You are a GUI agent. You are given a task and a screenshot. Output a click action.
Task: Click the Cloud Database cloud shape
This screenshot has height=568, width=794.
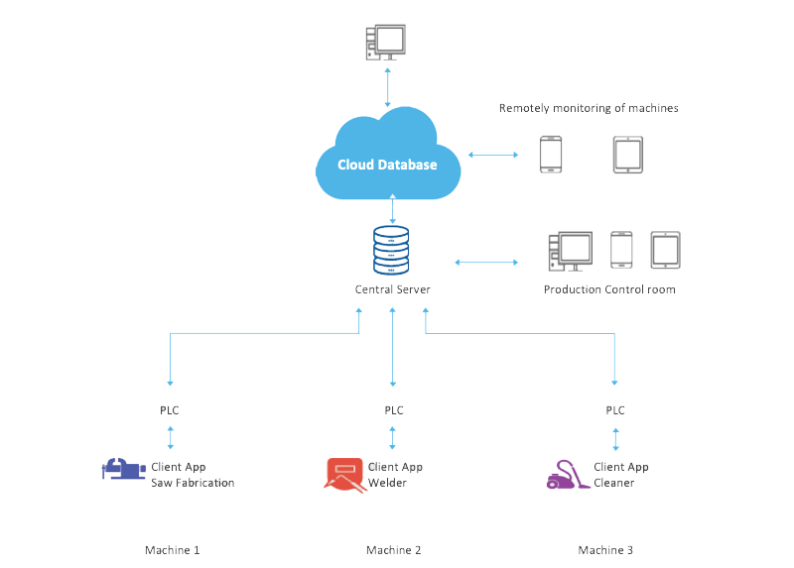pyautogui.click(x=387, y=159)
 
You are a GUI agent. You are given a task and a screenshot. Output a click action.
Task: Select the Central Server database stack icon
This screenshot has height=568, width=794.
pyautogui.click(x=390, y=252)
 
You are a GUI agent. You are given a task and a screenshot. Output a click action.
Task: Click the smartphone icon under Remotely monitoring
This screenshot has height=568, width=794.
pyautogui.click(x=551, y=156)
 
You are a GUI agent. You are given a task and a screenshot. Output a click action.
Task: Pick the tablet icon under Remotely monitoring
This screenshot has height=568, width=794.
pyautogui.click(x=628, y=156)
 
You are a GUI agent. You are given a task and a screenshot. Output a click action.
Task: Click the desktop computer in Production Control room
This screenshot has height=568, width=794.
pyautogui.click(x=570, y=252)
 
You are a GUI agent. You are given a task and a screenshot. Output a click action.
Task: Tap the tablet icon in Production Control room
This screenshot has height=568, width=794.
pyautogui.click(x=665, y=251)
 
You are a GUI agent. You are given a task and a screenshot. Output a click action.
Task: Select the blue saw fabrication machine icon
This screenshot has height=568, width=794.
pyautogui.click(x=122, y=468)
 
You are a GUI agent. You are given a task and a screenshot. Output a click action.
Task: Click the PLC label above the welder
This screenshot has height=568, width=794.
pyautogui.click(x=394, y=409)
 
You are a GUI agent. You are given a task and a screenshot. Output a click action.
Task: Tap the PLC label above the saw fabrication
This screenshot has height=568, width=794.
pyautogui.click(x=172, y=409)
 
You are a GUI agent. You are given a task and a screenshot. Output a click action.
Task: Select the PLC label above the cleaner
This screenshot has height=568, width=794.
pyautogui.click(x=616, y=409)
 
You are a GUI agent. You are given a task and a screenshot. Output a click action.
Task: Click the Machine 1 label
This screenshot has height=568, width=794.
pyautogui.click(x=172, y=549)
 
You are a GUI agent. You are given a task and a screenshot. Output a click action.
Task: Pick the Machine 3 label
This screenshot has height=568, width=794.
pyautogui.click(x=605, y=549)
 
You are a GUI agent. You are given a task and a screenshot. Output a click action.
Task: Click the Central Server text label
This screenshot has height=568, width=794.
pyautogui.click(x=393, y=289)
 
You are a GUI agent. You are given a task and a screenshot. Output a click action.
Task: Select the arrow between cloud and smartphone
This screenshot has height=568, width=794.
pyautogui.click(x=492, y=155)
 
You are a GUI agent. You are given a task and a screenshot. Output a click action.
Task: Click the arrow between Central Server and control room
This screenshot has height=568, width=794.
pyautogui.click(x=486, y=263)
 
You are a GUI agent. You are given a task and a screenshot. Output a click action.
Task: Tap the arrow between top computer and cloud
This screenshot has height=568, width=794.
pyautogui.click(x=387, y=88)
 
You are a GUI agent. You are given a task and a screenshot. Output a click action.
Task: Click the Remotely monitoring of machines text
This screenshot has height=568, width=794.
pyautogui.click(x=589, y=108)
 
